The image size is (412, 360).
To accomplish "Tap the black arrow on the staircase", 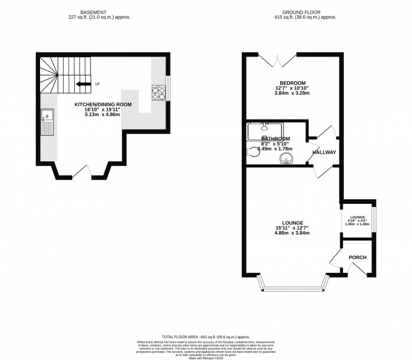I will [83, 84].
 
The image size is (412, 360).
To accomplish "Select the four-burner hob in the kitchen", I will [159, 93].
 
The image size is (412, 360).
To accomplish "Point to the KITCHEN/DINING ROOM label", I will [102, 104].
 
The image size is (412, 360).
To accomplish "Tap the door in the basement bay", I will [82, 172].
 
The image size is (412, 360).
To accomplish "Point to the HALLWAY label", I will [324, 153].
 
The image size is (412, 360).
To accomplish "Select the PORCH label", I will [358, 257].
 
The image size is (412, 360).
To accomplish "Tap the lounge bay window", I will [293, 287].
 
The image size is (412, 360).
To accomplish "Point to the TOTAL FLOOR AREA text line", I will [205, 333].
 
